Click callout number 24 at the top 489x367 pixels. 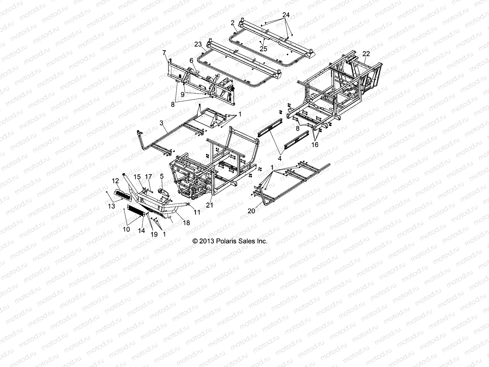286,14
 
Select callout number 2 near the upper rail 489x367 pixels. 233,23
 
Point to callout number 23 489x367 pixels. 198,44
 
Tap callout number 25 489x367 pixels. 263,49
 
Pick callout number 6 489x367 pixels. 191,60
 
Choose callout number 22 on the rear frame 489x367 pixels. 366,54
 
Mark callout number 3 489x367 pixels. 162,123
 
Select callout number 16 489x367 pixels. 314,144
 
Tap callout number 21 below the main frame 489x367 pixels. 209,205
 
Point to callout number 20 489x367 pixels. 251,211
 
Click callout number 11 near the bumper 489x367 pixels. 197,212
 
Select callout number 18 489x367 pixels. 186,223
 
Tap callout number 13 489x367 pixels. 112,206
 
